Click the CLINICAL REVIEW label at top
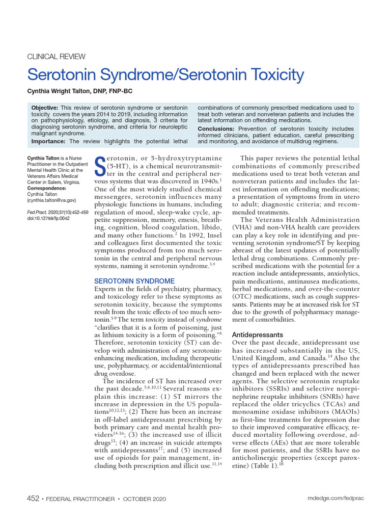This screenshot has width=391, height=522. tap(56, 57)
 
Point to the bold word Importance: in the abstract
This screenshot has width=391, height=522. tap(49, 141)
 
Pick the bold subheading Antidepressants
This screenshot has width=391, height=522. tap(257, 335)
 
